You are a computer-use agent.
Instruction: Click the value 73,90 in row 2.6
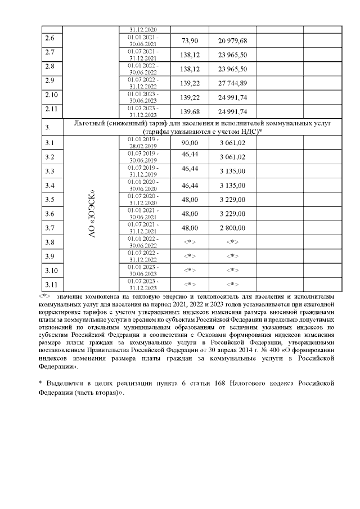(x=190, y=41)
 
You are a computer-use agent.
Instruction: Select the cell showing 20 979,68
(x=232, y=41)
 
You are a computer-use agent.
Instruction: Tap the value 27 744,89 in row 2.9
(x=232, y=83)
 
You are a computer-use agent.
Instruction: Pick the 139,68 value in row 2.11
(x=190, y=110)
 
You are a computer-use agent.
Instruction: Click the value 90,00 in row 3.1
(x=190, y=143)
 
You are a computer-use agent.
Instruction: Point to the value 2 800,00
(x=232, y=228)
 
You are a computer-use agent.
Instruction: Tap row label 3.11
(x=51, y=284)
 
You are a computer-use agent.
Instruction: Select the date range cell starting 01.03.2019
(x=143, y=156)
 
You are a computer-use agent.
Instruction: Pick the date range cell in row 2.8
(x=143, y=69)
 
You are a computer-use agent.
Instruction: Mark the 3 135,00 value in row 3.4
(x=232, y=185)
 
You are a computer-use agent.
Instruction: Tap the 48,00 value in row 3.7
(x=190, y=228)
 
